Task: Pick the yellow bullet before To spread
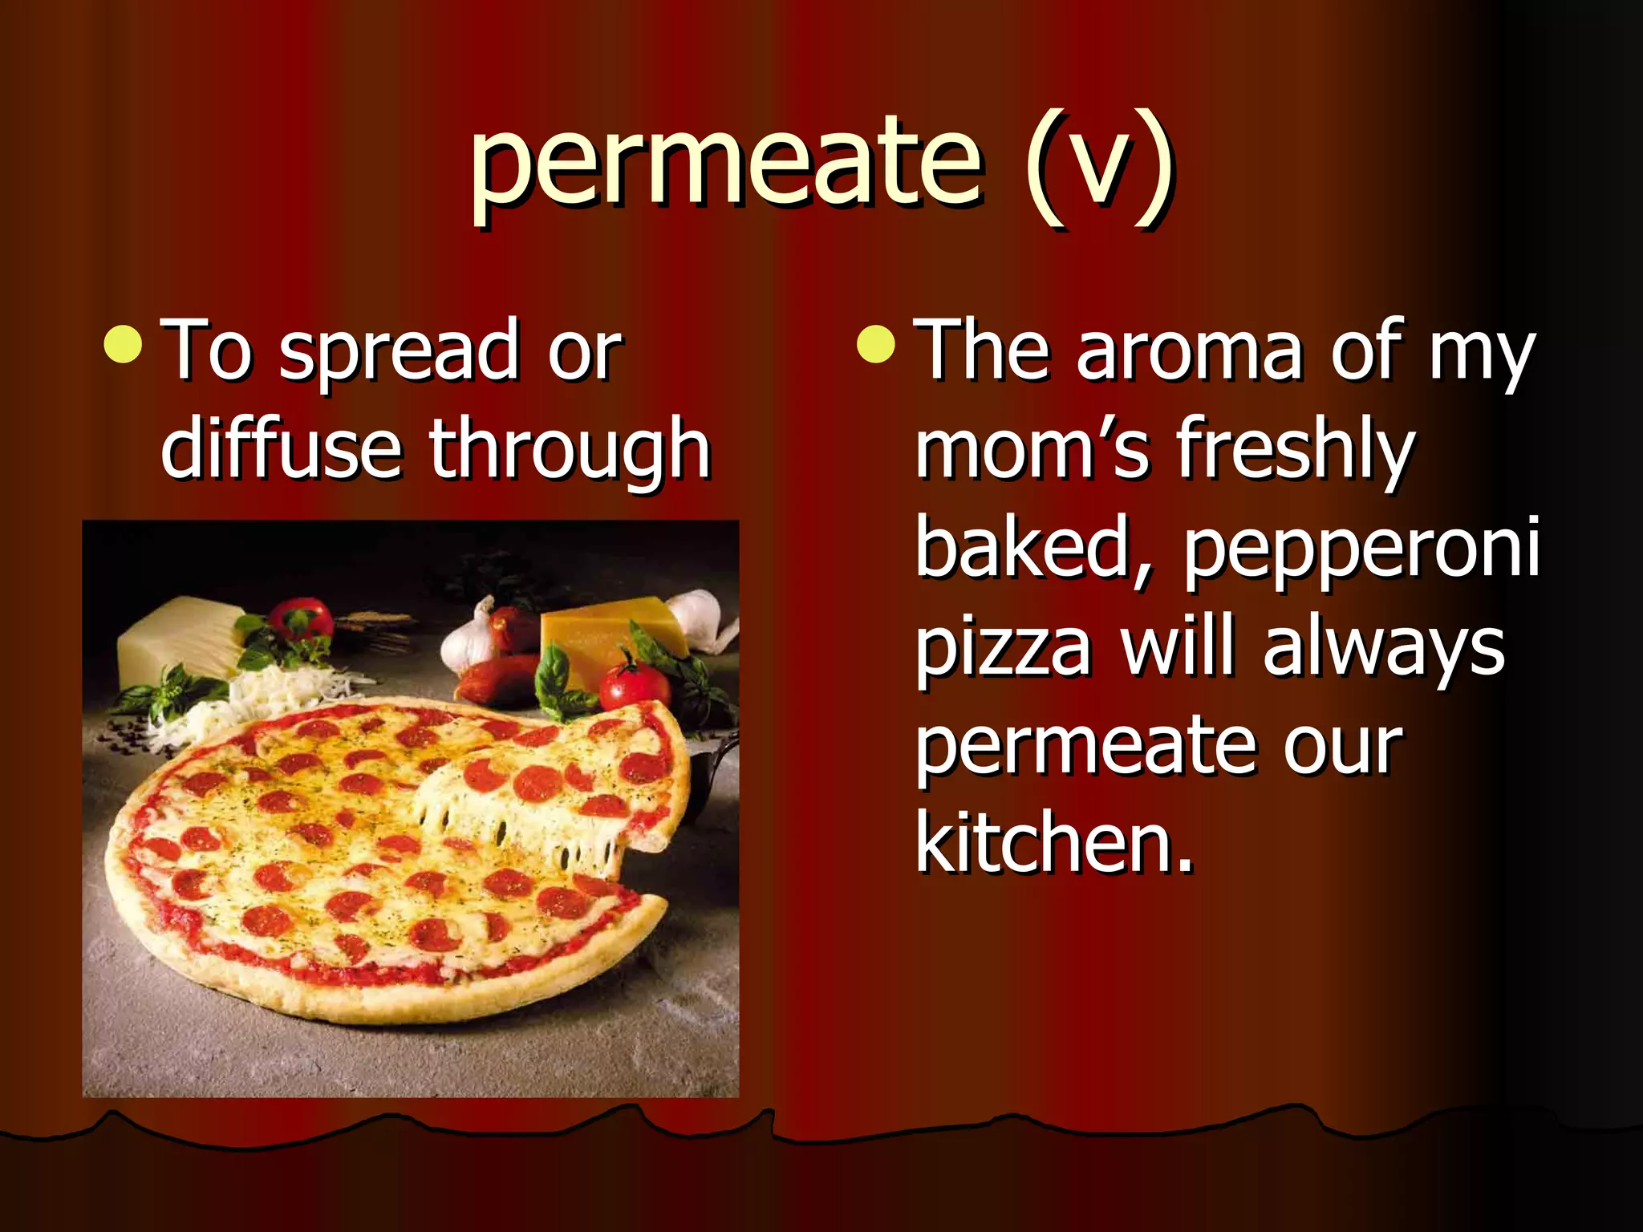(x=124, y=345)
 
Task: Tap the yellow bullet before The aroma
(x=875, y=345)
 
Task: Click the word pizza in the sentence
(x=1004, y=650)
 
